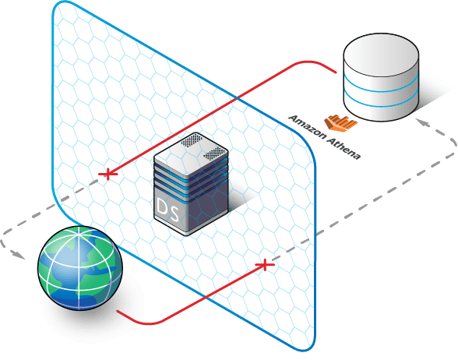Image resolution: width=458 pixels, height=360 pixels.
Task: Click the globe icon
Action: tap(80, 268)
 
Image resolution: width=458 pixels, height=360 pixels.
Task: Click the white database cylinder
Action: tap(381, 77)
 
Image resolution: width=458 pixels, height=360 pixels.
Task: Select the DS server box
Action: tap(191, 184)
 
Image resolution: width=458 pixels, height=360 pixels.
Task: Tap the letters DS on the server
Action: tap(167, 210)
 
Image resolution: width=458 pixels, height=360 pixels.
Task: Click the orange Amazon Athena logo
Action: tap(340, 123)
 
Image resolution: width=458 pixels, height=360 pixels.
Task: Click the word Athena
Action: tap(343, 148)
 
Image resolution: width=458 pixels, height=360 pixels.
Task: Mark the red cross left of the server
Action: tap(108, 175)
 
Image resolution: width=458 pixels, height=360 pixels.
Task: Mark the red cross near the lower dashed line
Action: tap(265, 265)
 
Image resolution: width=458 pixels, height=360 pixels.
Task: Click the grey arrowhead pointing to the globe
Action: tap(19, 254)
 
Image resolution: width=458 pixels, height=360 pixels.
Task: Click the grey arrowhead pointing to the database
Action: tap(423, 123)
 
